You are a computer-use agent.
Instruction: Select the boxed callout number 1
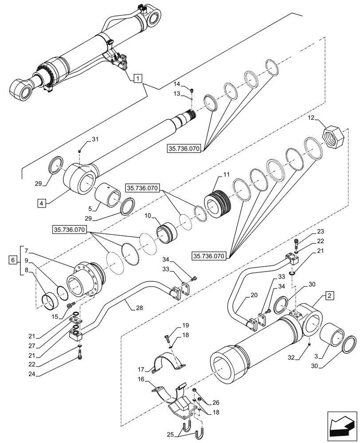coord(138,79)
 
